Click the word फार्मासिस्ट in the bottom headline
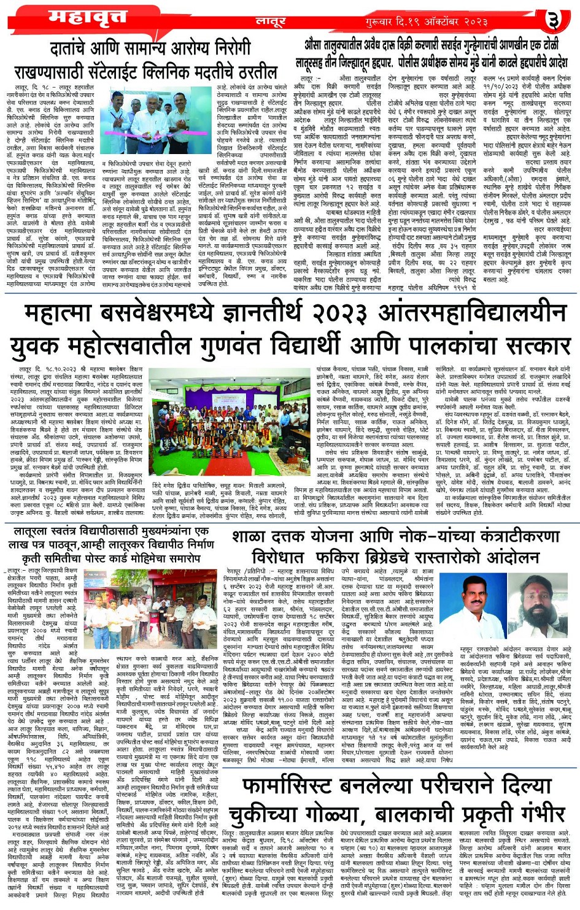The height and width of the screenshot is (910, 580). point(312,787)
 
